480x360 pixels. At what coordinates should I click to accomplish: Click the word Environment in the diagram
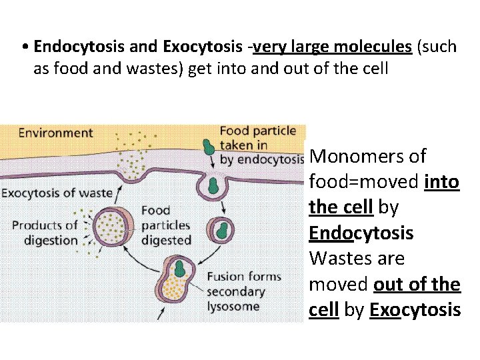coord(55,133)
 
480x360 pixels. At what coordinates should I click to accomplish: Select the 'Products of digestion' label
coord(45,233)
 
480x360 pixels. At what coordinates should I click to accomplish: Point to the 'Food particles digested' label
coord(165,225)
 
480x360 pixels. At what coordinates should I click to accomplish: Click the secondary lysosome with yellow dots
coord(177,278)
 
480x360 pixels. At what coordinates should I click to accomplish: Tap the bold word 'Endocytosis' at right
coord(361,233)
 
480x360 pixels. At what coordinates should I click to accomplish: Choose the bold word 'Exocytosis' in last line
coord(415,310)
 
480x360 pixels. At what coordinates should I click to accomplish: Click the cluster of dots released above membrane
coord(134,157)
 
